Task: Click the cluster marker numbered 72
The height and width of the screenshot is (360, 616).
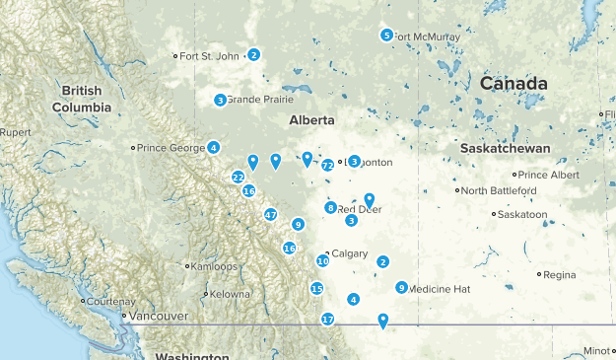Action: [x=327, y=166]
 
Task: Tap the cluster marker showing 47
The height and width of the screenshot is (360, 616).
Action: [x=271, y=214]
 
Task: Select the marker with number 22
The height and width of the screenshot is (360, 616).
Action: [x=239, y=177]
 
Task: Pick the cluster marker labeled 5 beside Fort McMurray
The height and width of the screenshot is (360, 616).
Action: [x=386, y=36]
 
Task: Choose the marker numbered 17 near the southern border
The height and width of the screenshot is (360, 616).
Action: [x=327, y=319]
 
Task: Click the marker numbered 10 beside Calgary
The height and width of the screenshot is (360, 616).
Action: [x=322, y=260]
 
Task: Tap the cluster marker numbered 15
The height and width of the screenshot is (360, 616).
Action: [x=316, y=288]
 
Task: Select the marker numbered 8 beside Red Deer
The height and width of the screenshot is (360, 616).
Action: [x=331, y=207]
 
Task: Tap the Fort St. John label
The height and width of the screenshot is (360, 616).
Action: [x=211, y=56]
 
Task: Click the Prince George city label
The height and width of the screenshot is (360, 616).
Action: [x=171, y=148]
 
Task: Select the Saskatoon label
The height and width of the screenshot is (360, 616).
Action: [x=522, y=214]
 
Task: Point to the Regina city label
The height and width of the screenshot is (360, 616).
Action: [x=559, y=274]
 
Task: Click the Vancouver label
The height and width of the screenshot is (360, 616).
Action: [x=157, y=316]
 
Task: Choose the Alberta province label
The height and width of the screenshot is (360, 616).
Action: [x=310, y=120]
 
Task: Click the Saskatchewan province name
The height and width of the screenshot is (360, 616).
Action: [x=505, y=147]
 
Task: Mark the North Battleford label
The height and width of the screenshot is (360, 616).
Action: [x=501, y=190]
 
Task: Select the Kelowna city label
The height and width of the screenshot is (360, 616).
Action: [x=231, y=294]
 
